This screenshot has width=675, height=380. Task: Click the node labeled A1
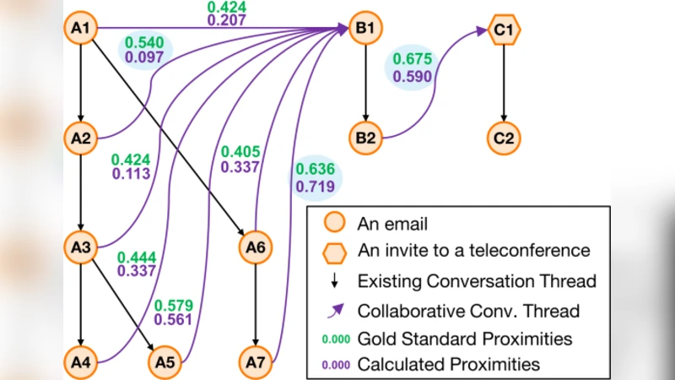point(81,29)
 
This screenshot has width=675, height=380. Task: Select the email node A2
point(81,137)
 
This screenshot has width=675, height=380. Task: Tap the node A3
point(81,247)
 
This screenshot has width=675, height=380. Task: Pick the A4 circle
point(81,362)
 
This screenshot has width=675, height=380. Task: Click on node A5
point(165,362)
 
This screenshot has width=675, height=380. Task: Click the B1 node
point(365,29)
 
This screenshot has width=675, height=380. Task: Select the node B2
point(365,137)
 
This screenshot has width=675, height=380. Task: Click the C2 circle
point(505,137)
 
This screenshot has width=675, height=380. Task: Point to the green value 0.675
point(412,61)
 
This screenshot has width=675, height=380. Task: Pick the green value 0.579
point(174,305)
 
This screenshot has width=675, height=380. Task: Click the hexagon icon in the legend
point(335,251)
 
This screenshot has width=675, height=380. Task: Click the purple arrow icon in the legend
point(335,310)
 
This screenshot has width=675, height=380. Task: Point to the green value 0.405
point(241,152)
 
